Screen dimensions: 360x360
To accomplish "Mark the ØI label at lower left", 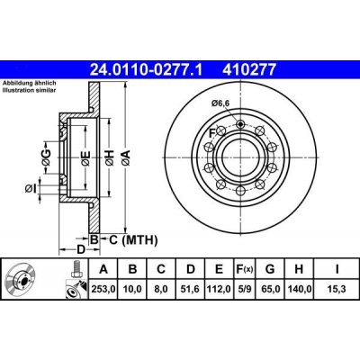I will [x=31, y=187].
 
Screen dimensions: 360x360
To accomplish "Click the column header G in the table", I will [x=269, y=268].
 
